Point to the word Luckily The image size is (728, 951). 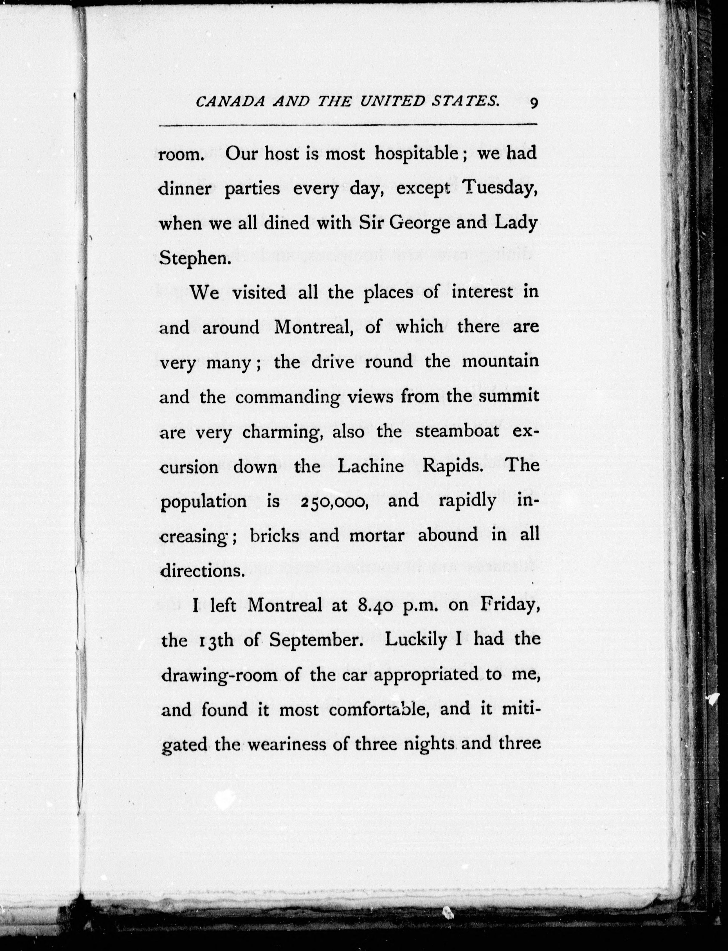[x=416, y=640]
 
